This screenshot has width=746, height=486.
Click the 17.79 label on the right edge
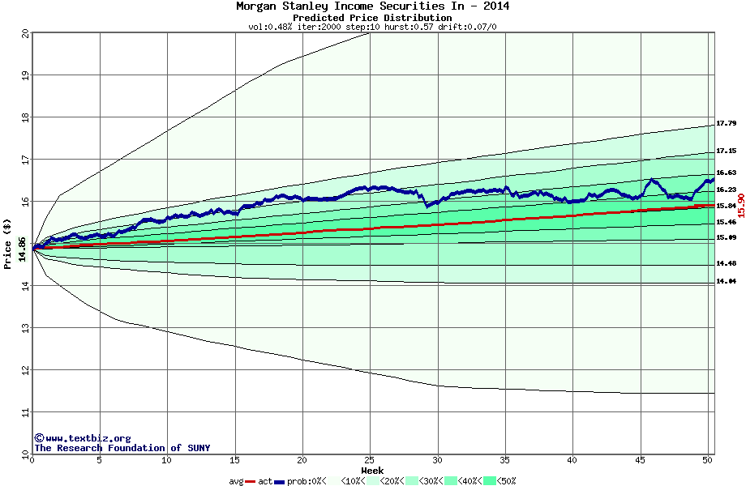(x=726, y=124)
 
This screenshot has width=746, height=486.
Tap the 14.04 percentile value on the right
(x=726, y=281)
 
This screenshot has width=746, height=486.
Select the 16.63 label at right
(x=726, y=173)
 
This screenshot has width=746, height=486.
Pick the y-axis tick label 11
(x=25, y=413)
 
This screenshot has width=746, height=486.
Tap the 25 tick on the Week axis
(x=370, y=460)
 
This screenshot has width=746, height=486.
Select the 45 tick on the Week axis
(x=640, y=460)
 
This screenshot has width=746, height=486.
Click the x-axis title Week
(x=372, y=471)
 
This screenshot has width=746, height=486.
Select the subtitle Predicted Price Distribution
(x=372, y=18)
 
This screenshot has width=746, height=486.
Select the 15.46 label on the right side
(x=726, y=222)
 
